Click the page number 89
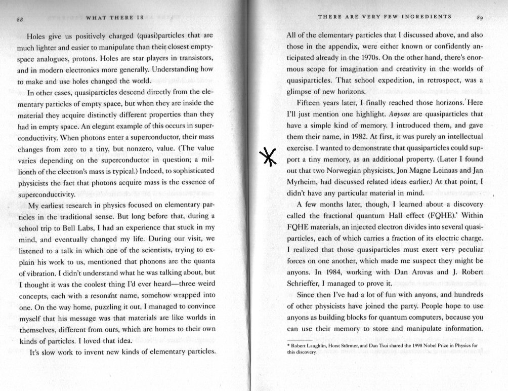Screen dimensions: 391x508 point(480,18)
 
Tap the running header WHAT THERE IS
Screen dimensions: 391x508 point(116,18)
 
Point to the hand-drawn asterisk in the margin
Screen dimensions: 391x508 point(268,157)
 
